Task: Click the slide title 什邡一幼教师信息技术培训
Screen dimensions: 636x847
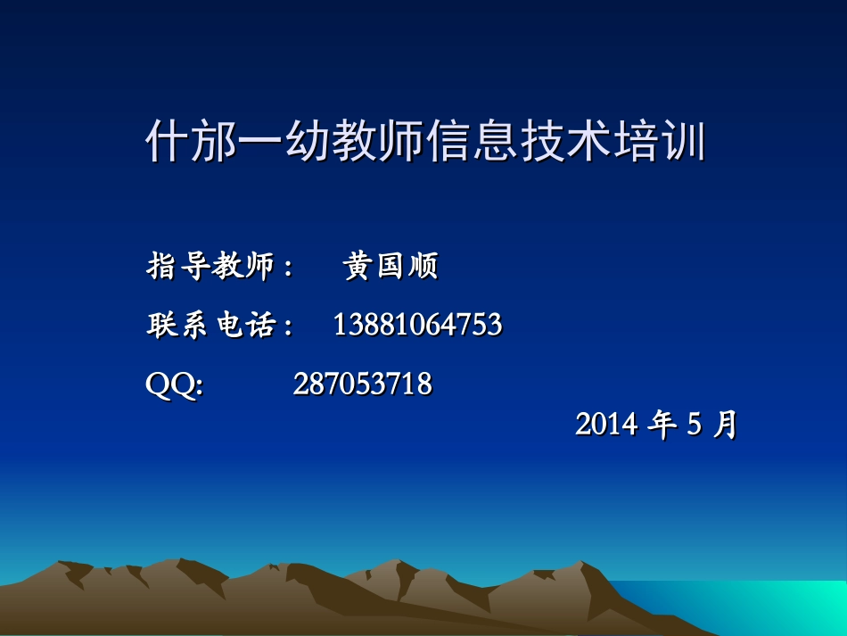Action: point(425,143)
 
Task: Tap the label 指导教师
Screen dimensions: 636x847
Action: point(210,266)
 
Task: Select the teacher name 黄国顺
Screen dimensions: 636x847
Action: point(391,266)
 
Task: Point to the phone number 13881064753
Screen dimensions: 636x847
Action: point(417,326)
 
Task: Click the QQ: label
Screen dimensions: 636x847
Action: point(174,384)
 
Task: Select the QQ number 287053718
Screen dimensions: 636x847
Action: point(362,384)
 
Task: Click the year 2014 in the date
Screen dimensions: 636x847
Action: point(606,425)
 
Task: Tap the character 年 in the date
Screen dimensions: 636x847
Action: point(662,425)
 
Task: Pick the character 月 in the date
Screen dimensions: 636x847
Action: point(726,425)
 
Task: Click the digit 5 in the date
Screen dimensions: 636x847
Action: point(695,425)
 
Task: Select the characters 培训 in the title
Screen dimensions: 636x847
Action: point(661,143)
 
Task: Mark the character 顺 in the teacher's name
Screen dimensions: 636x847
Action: point(423,266)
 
